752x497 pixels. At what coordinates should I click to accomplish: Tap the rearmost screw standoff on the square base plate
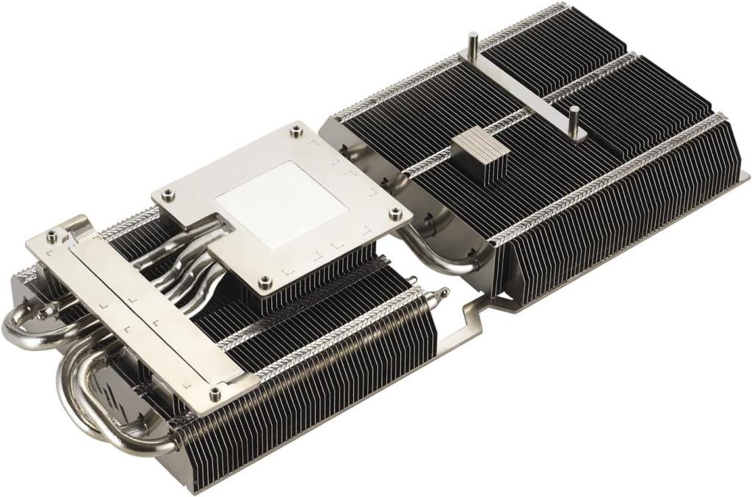(295, 131)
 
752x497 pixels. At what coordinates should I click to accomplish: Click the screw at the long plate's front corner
(214, 393)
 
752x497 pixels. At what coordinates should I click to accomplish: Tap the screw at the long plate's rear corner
(51, 236)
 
